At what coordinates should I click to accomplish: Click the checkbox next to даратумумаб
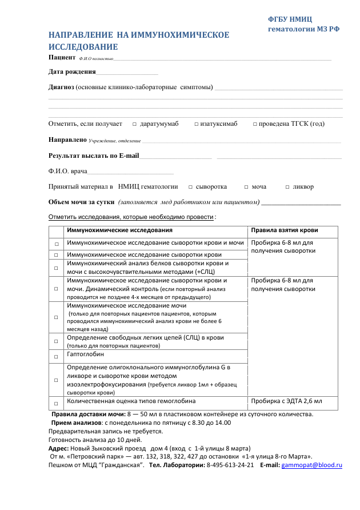pyautogui.click(x=134, y=124)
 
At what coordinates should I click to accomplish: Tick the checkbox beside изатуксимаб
pyautogui.click(x=196, y=124)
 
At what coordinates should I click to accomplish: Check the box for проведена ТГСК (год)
pyautogui.click(x=255, y=124)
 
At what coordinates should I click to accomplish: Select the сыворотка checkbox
pyautogui.click(x=190, y=187)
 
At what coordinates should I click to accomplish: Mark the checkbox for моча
pyautogui.click(x=246, y=187)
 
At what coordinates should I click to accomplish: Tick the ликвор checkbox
pyautogui.click(x=287, y=187)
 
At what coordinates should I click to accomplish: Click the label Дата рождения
pyautogui.click(x=72, y=71)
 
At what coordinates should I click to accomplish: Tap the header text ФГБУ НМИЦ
pyautogui.click(x=290, y=19)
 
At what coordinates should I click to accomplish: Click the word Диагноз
pyautogui.click(x=61, y=87)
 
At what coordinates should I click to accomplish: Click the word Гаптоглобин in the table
pyautogui.click(x=86, y=354)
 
